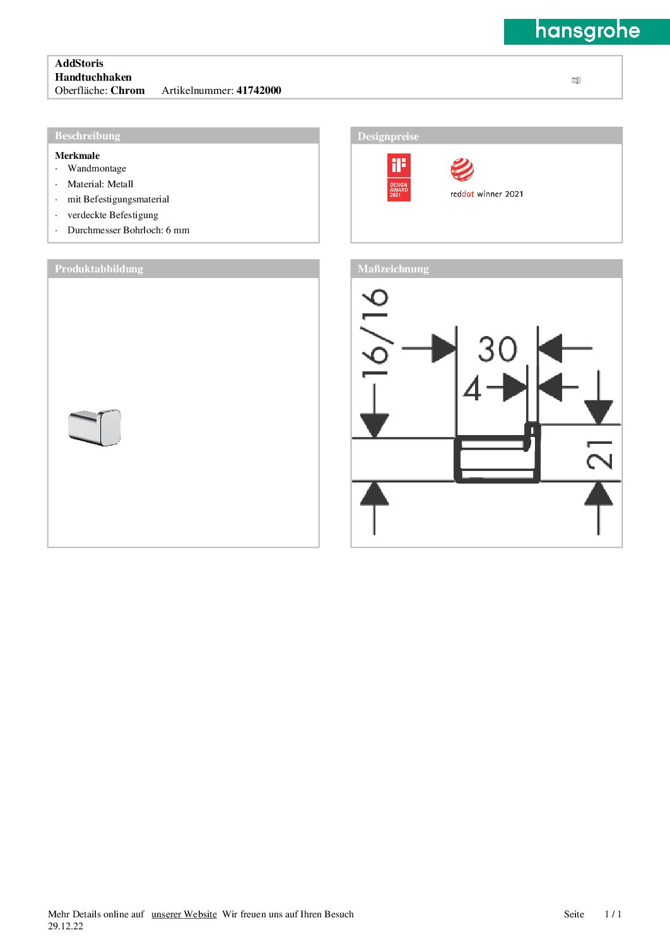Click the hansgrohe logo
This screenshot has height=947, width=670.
tap(587, 32)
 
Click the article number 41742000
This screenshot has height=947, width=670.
tap(259, 90)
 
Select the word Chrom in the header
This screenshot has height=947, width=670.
tap(127, 90)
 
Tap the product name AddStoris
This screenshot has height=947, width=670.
tap(79, 63)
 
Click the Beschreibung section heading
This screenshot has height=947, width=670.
tap(88, 136)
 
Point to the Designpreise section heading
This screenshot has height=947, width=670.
tap(388, 136)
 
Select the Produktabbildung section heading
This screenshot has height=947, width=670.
tap(99, 269)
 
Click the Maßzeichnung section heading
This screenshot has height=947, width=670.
tap(393, 269)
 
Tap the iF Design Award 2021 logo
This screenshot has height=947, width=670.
tap(399, 177)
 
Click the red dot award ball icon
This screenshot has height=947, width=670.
tap(462, 170)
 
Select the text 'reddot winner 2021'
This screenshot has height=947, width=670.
tap(486, 194)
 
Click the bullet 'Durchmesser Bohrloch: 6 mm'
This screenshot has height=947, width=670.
tap(128, 230)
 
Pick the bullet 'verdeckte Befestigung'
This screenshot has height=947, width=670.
tap(112, 215)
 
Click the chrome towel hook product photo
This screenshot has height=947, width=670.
tap(95, 427)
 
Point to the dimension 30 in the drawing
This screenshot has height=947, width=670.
tap(497, 349)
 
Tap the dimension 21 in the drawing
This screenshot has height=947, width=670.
tap(599, 454)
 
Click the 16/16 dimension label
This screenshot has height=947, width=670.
tap(375, 332)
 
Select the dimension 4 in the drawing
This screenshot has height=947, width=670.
tap(472, 388)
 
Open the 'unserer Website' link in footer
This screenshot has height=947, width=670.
tap(184, 914)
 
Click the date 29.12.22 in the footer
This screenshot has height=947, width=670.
tap(66, 926)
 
